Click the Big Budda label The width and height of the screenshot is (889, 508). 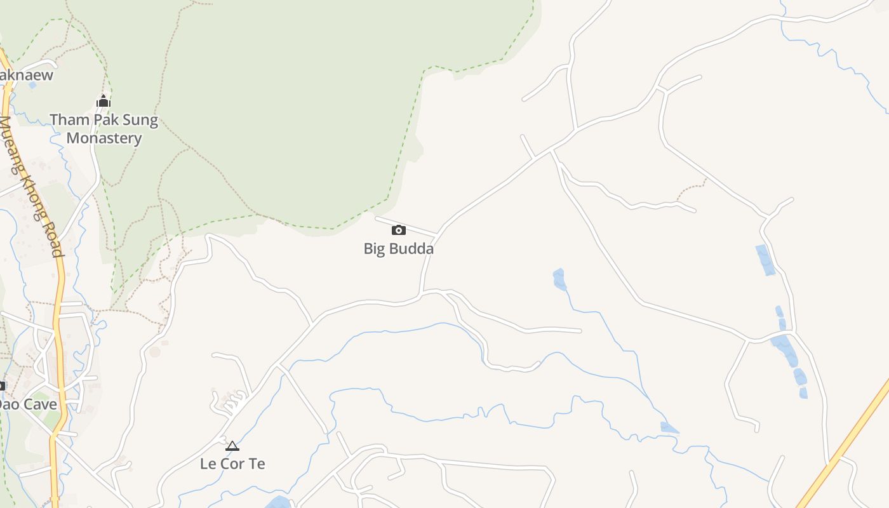pos(398,249)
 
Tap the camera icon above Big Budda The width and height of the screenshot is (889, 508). pos(398,230)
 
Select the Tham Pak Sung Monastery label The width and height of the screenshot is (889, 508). pos(104,129)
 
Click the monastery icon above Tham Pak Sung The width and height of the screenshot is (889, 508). pos(104,101)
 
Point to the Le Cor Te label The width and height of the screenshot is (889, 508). pos(232,464)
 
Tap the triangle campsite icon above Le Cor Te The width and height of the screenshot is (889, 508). pos(232,446)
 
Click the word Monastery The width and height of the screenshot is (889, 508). pos(104,138)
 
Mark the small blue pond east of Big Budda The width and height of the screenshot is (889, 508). pos(559,279)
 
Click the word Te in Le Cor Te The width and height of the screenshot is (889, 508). pos(257,464)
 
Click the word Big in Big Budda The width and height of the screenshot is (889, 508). pos(373,249)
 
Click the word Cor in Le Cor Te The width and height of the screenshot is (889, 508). pos(233,464)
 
